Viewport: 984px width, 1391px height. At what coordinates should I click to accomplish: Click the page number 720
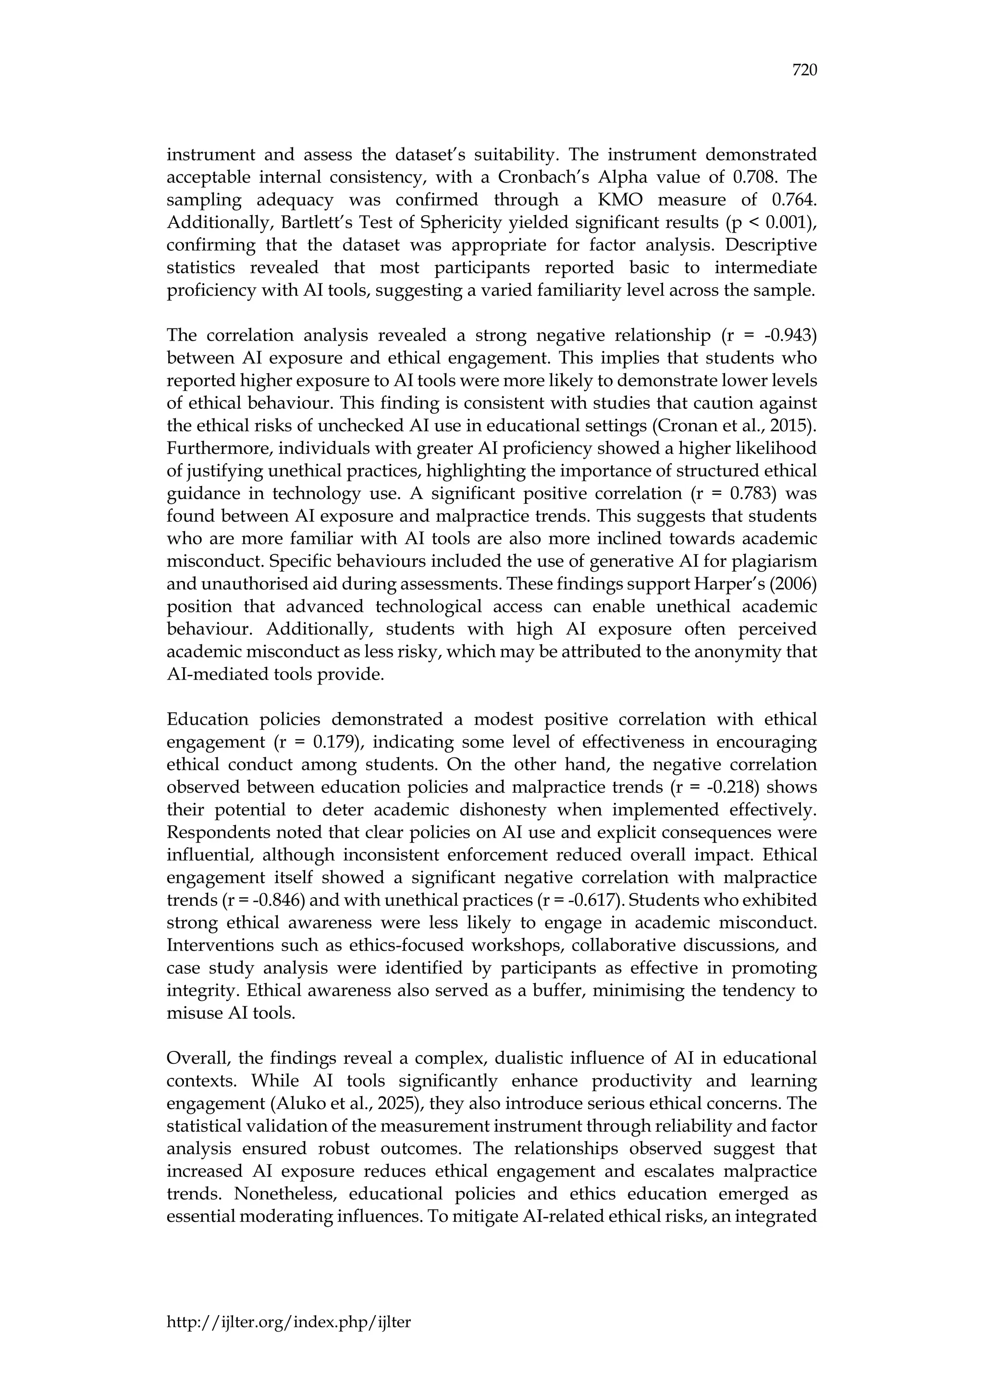[x=805, y=71]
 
